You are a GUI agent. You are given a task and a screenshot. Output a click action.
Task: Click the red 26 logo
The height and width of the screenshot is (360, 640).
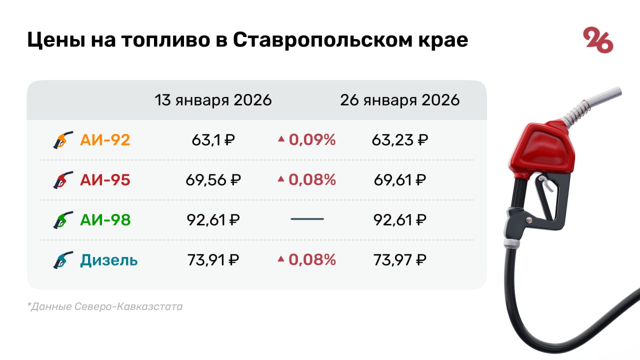[x=598, y=40]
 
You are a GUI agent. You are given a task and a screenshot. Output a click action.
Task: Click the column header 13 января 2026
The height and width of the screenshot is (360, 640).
[x=213, y=100]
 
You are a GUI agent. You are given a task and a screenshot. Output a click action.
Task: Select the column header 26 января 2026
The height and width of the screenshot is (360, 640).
[x=399, y=100]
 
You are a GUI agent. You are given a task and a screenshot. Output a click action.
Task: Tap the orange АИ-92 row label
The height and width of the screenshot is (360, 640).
[x=105, y=140]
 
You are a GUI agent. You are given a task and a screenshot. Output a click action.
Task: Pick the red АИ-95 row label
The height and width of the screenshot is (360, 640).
[x=105, y=180]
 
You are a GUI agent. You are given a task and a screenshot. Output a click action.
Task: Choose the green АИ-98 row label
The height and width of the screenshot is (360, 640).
[x=105, y=220]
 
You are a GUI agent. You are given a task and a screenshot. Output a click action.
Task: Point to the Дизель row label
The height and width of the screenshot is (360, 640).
[x=108, y=260]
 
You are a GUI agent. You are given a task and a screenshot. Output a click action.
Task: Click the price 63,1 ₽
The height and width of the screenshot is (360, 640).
[x=213, y=140]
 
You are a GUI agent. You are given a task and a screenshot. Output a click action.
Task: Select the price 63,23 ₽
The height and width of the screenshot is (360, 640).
[x=399, y=140]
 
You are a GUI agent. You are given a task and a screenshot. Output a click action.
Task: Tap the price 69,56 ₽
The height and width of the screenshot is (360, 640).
[x=213, y=180]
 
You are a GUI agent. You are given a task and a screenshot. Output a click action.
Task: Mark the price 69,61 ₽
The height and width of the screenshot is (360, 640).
[x=399, y=180]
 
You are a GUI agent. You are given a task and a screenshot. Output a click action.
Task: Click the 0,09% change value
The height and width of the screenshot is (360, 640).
[x=312, y=140]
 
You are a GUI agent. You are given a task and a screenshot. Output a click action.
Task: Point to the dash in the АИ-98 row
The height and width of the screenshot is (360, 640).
[x=307, y=219]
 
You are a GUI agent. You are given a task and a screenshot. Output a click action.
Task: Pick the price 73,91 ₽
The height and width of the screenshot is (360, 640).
[x=213, y=260]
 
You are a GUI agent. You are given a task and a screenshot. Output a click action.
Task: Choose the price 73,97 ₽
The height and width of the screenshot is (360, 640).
[x=399, y=260]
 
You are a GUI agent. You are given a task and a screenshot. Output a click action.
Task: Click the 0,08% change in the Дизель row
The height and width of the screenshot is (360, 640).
[x=312, y=260]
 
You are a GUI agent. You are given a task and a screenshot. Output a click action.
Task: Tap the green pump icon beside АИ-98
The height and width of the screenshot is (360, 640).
[x=63, y=220]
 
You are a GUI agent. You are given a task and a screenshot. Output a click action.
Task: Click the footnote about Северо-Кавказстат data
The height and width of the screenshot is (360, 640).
[x=105, y=306]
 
